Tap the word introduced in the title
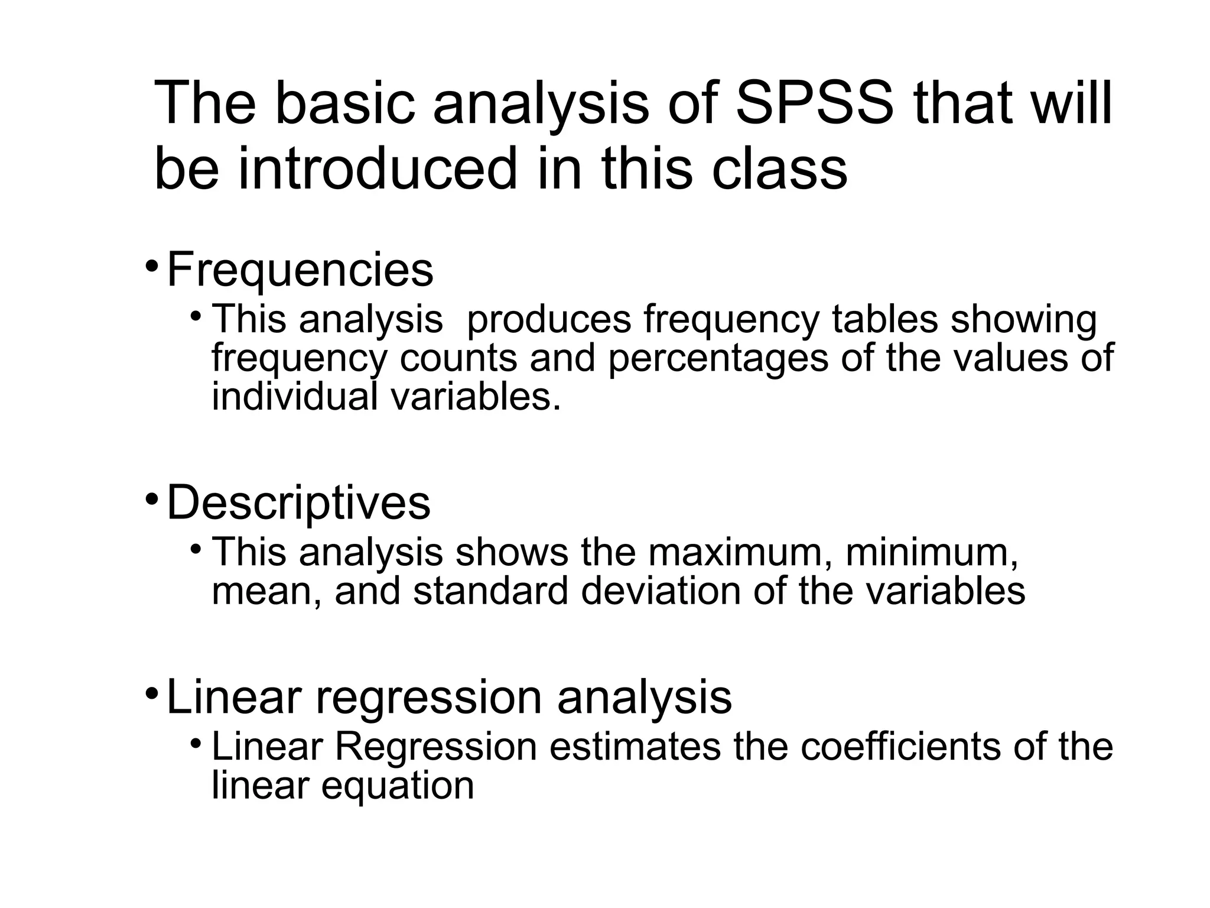(377, 169)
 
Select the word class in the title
(779, 169)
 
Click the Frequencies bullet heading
(300, 270)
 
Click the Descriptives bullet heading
(298, 503)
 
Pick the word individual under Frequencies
(294, 397)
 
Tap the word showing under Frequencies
(1023, 320)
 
